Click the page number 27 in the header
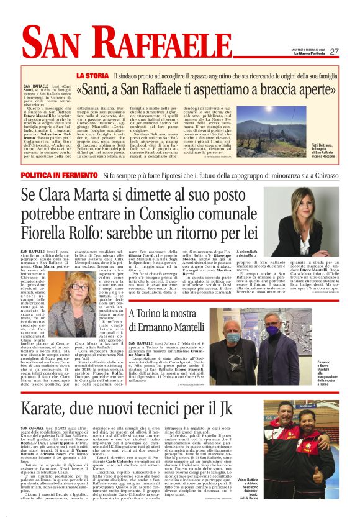335,52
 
